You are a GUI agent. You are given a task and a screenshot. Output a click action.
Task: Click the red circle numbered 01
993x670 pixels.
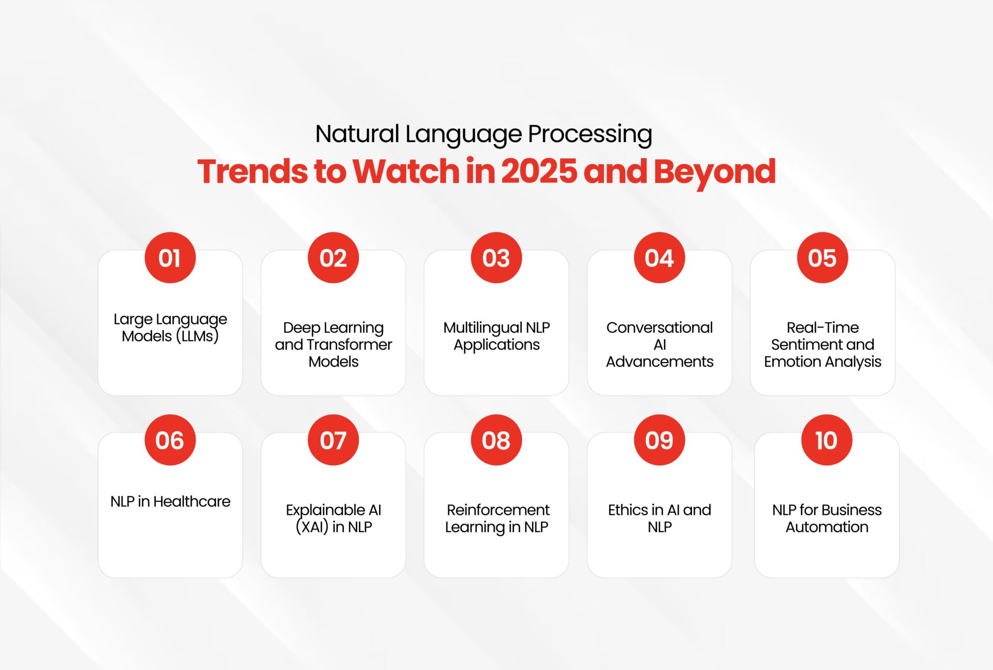coord(170,258)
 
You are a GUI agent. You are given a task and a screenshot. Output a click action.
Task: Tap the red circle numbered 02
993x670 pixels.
coord(333,258)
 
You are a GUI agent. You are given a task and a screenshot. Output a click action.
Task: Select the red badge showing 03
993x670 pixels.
coord(496,258)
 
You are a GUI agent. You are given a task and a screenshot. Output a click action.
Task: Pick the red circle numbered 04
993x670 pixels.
coord(659,258)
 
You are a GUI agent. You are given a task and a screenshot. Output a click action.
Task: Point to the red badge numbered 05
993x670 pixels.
coord(822,258)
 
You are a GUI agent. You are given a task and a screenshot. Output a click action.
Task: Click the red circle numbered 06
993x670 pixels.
coord(170,440)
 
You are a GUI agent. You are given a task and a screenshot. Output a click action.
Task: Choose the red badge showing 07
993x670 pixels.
coord(333,440)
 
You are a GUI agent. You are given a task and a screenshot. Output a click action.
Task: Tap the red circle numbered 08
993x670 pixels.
coord(496,440)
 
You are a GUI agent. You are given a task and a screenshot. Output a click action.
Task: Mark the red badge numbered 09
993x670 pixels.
coord(659,440)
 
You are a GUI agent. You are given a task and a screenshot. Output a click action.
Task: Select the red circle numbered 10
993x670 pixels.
coord(827,440)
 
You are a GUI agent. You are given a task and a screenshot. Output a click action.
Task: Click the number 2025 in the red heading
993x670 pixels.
coord(539,172)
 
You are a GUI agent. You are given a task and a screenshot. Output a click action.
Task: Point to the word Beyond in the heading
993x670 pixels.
coord(715,173)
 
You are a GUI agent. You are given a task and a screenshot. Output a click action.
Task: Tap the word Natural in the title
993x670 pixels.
coord(357,134)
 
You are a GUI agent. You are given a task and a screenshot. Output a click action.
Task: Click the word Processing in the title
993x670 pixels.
coord(590,135)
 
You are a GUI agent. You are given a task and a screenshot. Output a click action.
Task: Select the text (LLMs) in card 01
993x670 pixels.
coord(197,336)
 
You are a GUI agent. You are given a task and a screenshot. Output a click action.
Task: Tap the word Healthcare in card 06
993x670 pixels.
coord(192,501)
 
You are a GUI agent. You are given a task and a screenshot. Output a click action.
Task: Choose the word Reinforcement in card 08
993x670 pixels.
coord(498,510)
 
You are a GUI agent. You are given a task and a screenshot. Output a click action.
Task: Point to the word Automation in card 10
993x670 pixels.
coord(827,527)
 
